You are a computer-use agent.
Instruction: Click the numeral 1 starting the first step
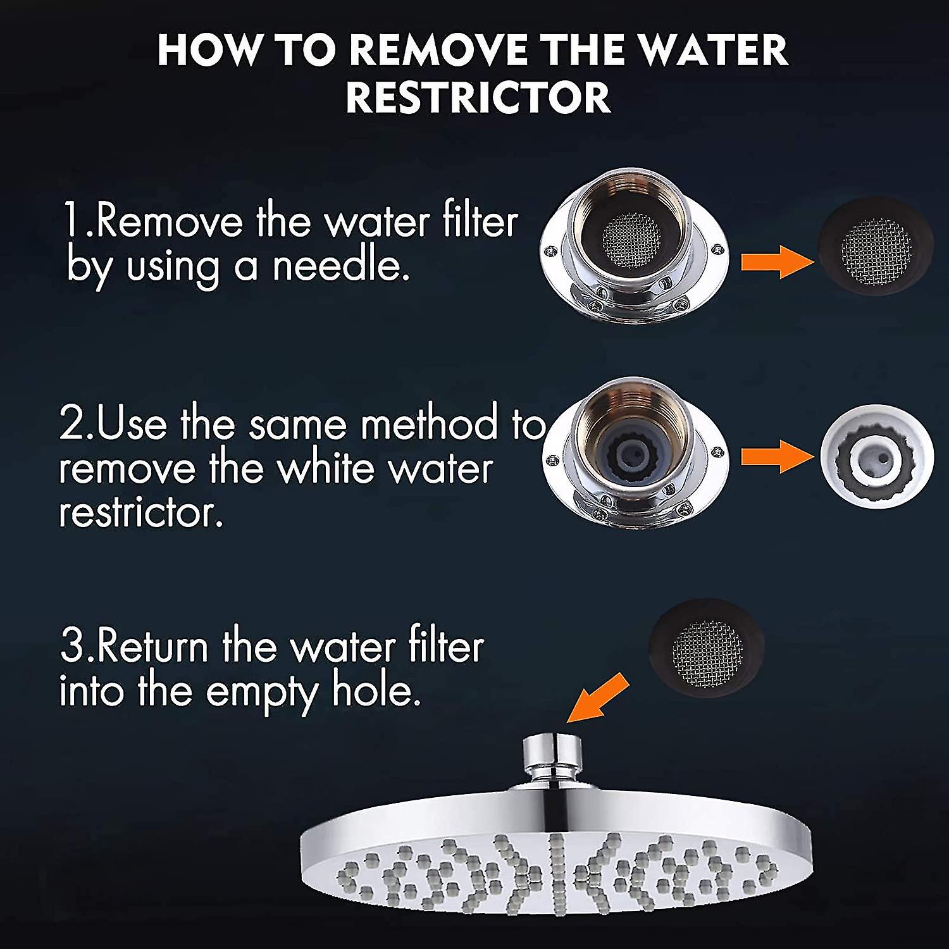[x=71, y=221]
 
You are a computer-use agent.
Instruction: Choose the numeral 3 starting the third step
[x=71, y=647]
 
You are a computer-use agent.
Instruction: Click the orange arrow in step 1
[x=776, y=261]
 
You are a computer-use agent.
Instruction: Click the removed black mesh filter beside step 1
[x=875, y=245]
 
